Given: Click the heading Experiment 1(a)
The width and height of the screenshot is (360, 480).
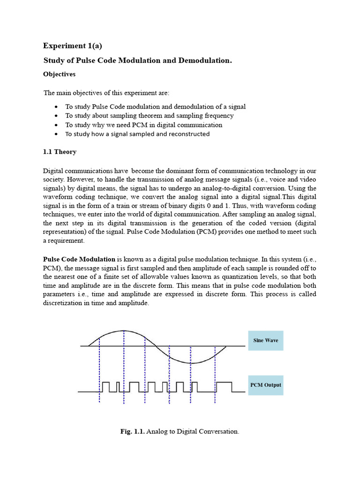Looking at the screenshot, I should [x=72, y=45].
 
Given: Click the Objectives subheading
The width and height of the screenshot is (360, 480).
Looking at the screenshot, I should [x=59, y=74].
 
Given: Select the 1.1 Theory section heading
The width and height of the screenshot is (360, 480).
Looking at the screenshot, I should [x=60, y=152].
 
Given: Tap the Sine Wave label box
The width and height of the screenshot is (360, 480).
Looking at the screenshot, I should [x=265, y=340].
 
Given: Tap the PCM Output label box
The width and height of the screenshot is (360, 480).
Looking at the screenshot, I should [x=265, y=385].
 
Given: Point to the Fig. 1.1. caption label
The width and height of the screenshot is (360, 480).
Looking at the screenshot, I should [x=133, y=431].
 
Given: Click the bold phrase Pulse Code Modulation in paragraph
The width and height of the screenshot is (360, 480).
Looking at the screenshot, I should [x=79, y=259].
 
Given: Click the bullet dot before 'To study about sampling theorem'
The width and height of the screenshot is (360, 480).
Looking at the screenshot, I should [x=56, y=116].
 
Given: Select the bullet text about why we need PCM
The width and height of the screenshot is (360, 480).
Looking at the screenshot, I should [x=143, y=125].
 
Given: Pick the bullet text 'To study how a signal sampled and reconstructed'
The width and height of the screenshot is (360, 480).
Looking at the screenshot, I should [x=137, y=134].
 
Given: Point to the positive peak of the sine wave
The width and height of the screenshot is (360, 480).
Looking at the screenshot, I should [x=123, y=330].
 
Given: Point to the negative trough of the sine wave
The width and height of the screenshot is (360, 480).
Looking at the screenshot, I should [x=191, y=363].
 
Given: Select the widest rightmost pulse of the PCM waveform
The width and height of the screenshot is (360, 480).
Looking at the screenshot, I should [x=224, y=386].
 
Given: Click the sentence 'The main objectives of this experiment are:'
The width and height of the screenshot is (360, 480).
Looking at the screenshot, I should [x=106, y=93].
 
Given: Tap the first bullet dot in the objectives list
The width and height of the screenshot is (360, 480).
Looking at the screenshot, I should [x=56, y=107].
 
